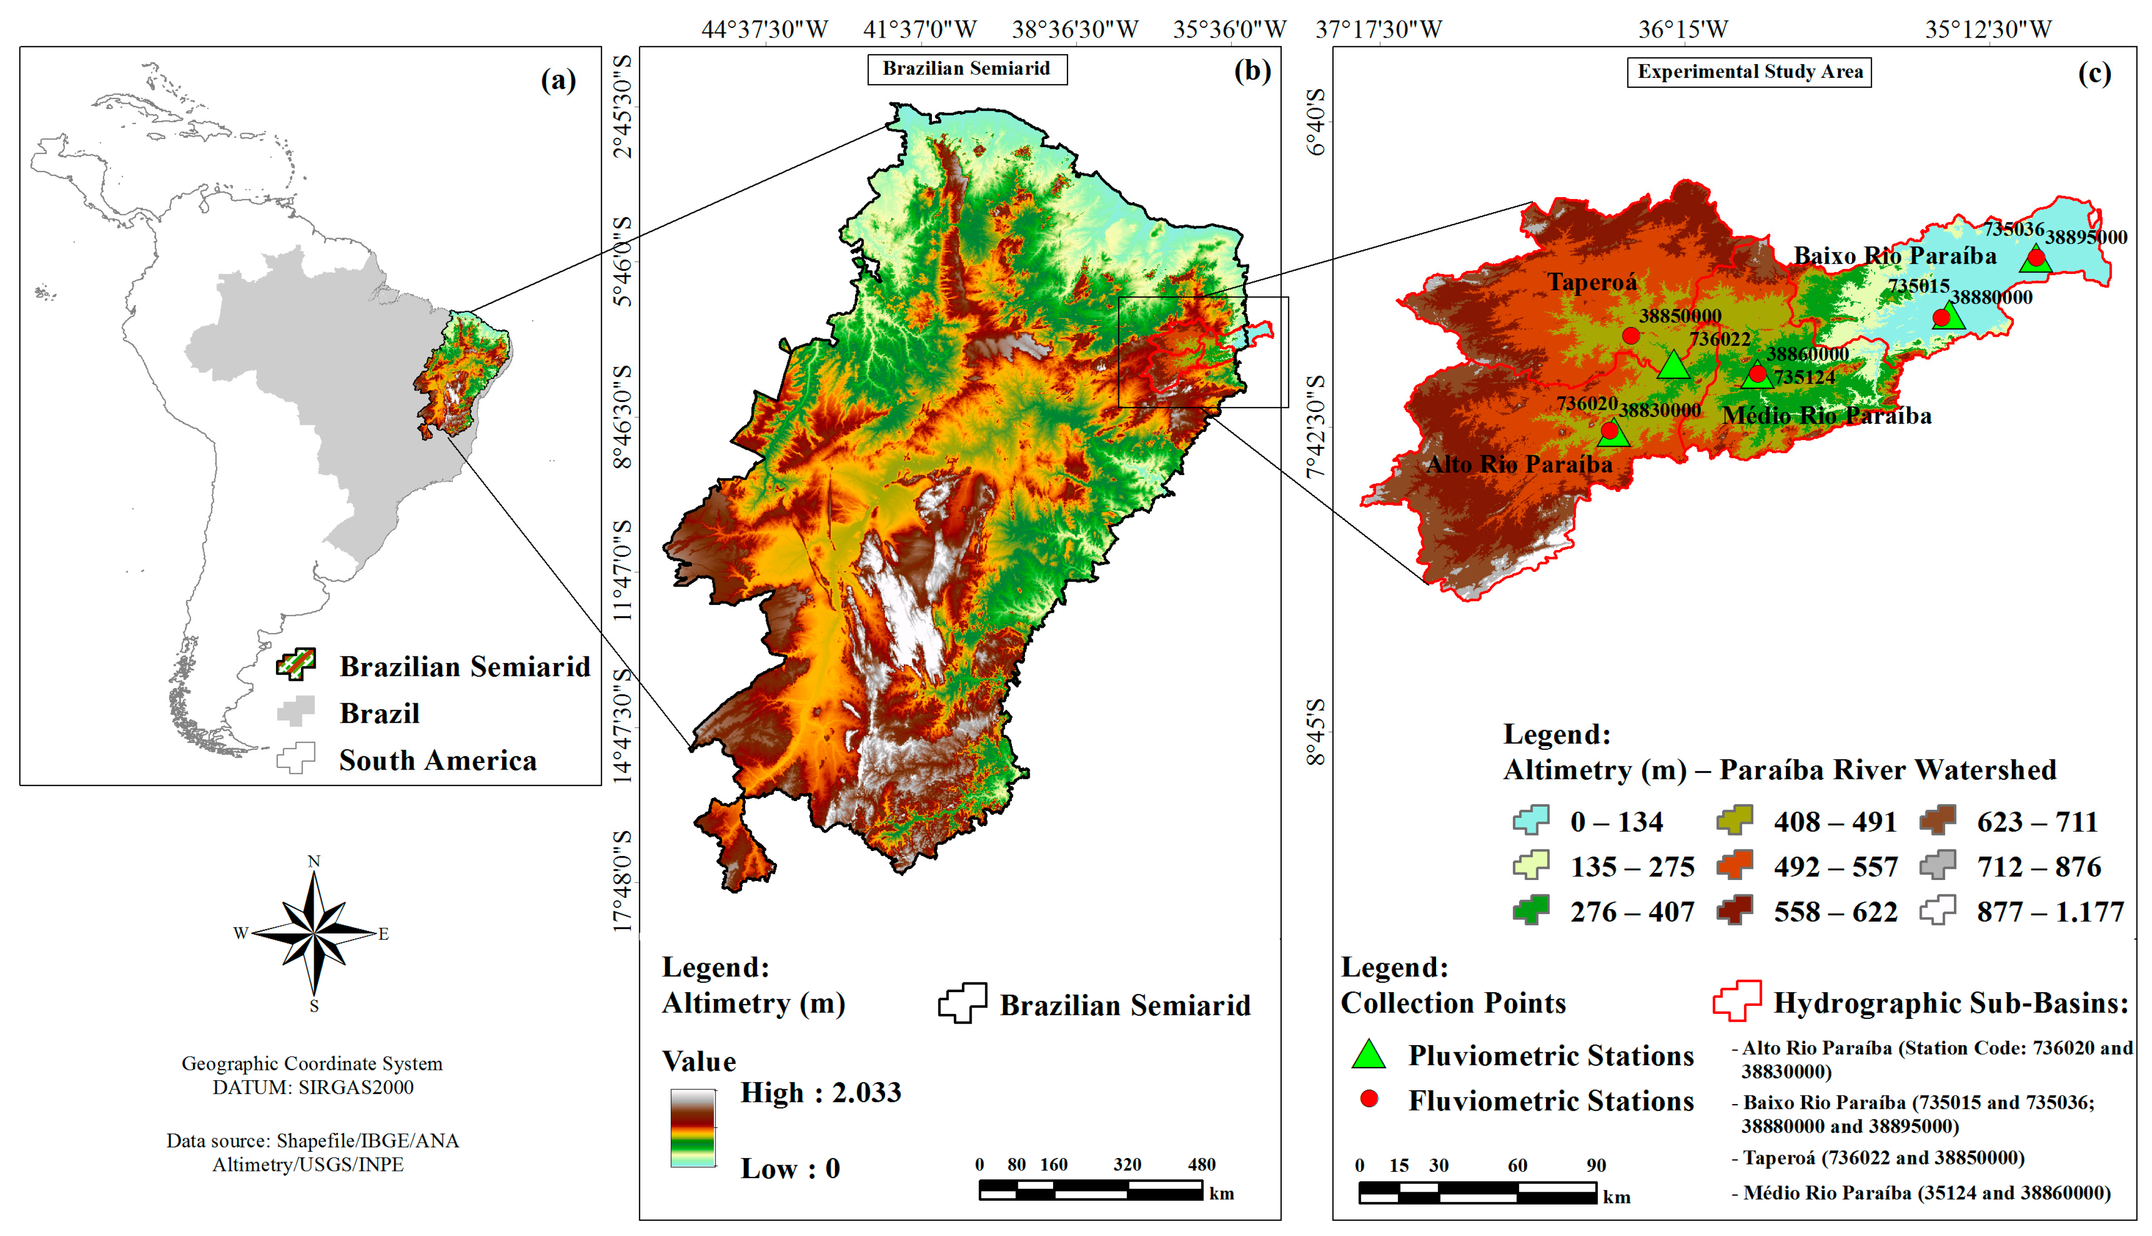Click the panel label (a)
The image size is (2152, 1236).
[x=558, y=80]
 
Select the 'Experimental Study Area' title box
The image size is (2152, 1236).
[x=1749, y=72]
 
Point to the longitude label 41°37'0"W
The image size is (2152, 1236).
[x=920, y=30]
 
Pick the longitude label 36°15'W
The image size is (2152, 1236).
[x=1682, y=30]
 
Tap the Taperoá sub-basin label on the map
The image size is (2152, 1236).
[x=1591, y=282]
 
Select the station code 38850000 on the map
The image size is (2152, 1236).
[x=1679, y=316]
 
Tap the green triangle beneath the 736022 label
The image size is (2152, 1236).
[x=1672, y=365]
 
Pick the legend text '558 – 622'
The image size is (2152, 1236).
[x=1835, y=912]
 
